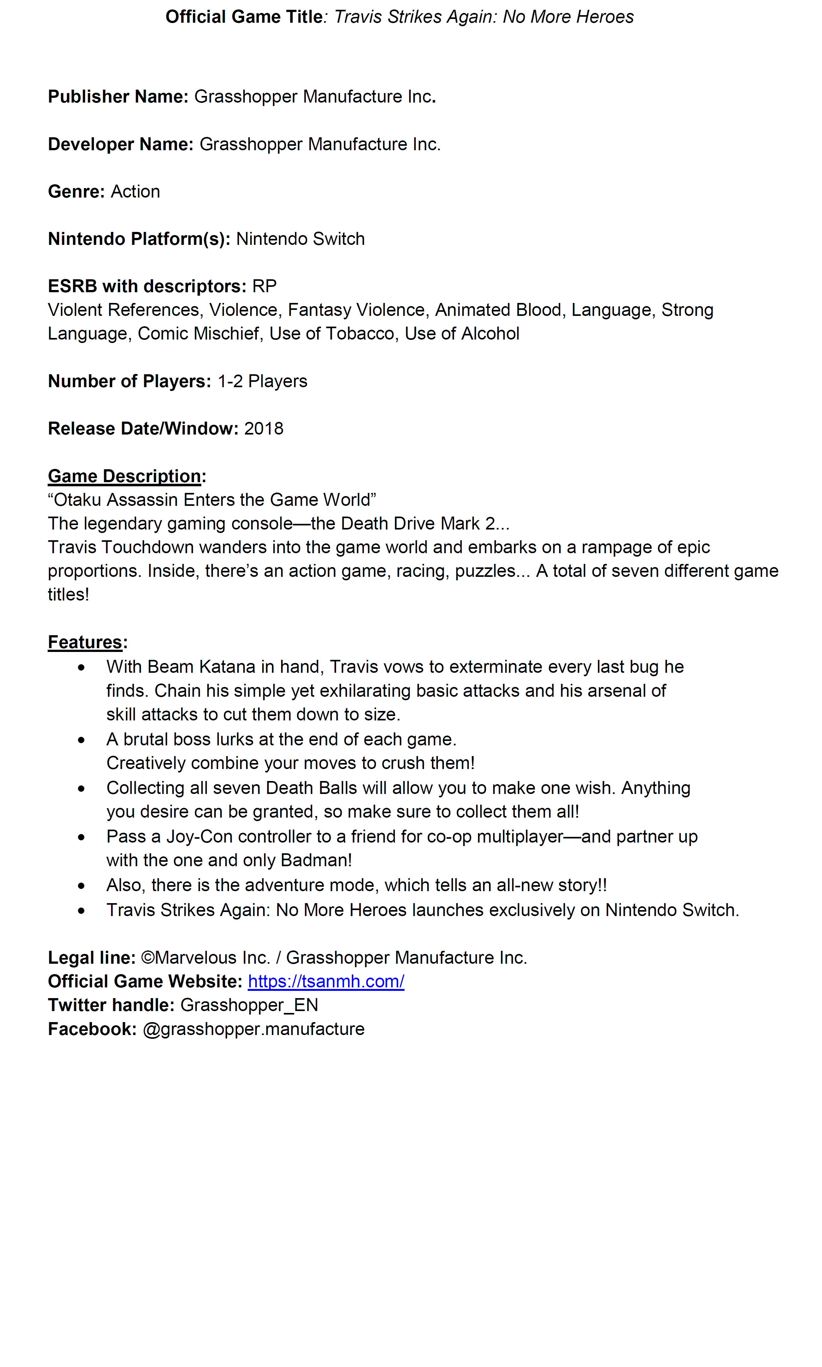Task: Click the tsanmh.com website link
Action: point(326,981)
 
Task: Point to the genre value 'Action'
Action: point(135,191)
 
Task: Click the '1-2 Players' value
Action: point(262,381)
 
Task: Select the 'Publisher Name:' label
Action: point(118,96)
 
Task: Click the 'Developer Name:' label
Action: point(120,144)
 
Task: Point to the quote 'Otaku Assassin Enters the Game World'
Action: point(212,500)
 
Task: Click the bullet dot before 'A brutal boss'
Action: point(81,740)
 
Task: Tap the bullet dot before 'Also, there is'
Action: point(81,886)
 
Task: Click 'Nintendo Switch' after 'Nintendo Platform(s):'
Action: point(300,239)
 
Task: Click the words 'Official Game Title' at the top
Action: point(244,17)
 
